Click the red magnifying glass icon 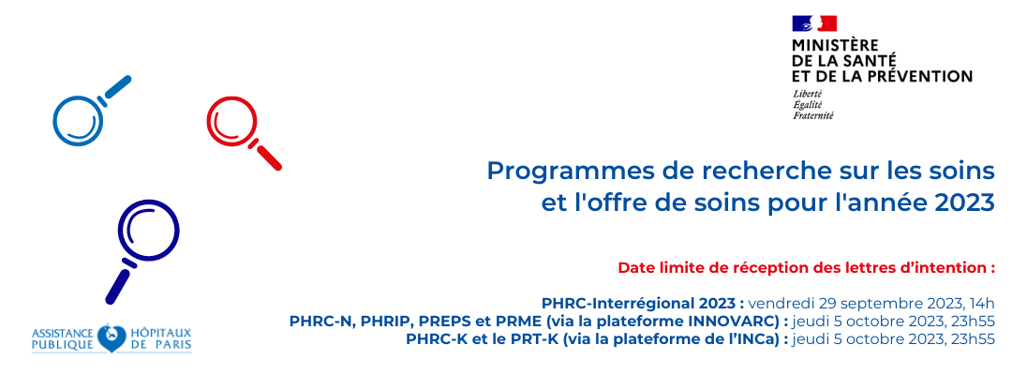233,123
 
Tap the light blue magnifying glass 78,120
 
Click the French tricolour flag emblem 814,23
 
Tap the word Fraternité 813,115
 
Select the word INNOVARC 743,322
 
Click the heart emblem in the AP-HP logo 112,338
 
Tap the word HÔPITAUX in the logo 161,333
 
